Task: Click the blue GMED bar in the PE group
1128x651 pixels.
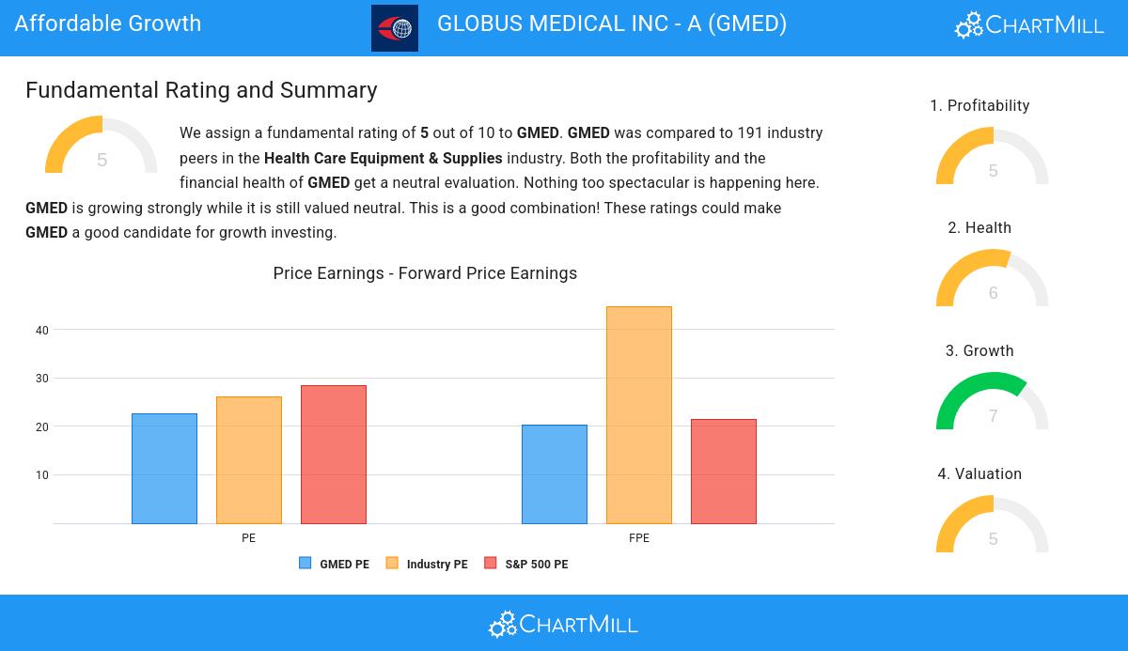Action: coord(164,469)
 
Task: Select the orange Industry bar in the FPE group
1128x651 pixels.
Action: coord(639,415)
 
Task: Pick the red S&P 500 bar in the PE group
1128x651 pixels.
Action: coord(334,455)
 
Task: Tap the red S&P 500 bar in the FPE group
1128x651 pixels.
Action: coord(724,472)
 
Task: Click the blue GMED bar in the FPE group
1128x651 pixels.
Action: coord(555,474)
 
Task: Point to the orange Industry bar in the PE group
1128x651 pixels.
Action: coord(249,460)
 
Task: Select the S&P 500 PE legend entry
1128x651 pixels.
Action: coord(526,564)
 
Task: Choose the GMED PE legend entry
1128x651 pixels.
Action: coord(335,564)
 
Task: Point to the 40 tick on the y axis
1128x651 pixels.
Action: coord(42,330)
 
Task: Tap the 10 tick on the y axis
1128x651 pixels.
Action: coord(42,475)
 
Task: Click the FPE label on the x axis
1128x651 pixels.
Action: coord(639,538)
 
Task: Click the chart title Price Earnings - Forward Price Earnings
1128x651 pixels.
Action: coord(425,273)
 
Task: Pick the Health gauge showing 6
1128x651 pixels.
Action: coord(993,280)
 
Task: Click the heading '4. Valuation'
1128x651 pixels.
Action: coord(979,474)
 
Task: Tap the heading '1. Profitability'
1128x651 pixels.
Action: coord(979,106)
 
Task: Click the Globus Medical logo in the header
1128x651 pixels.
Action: coord(395,28)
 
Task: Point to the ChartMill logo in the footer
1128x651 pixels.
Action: coord(563,624)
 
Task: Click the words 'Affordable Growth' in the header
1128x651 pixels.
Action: coord(108,23)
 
